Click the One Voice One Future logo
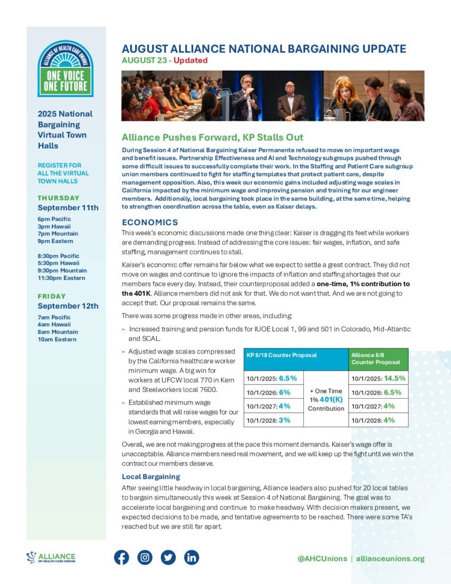(66, 68)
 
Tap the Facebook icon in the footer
(121, 557)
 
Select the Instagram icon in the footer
(145, 557)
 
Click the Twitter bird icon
(168, 557)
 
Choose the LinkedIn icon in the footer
(192, 557)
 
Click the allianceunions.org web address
(390, 558)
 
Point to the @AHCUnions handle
(322, 558)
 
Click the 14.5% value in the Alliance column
(395, 378)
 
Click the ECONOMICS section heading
(150, 222)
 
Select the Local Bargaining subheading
(151, 476)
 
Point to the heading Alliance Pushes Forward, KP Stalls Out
(212, 137)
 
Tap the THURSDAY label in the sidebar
(59, 198)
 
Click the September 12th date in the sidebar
(68, 306)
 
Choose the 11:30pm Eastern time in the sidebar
(62, 278)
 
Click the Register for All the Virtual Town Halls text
(63, 173)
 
